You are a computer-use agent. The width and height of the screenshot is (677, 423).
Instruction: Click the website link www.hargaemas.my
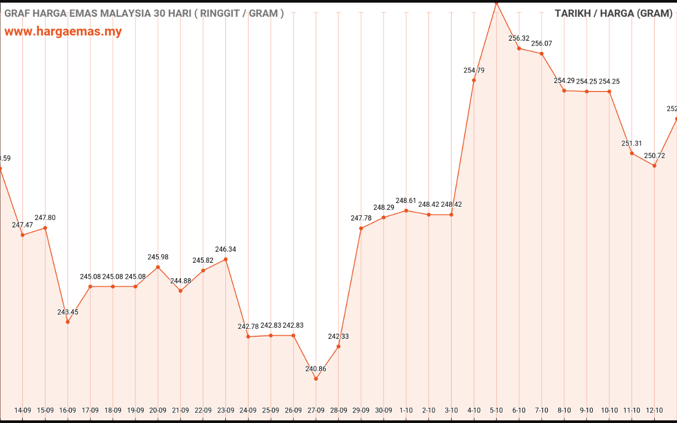pos(63,31)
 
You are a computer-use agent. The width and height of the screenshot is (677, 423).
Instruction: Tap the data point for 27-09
pos(316,379)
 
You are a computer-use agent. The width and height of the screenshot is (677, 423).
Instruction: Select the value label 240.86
pos(316,369)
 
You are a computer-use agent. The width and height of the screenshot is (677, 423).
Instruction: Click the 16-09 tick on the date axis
pos(68,410)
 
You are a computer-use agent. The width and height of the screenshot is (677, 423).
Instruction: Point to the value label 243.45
pos(68,312)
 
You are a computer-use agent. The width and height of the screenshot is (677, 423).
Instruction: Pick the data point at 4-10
pos(474,80)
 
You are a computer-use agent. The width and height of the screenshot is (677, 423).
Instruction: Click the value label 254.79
pos(474,70)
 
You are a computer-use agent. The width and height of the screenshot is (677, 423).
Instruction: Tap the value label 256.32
pos(519,39)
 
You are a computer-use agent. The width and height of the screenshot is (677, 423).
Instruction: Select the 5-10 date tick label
pos(496,410)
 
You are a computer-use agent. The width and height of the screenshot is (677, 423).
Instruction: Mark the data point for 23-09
pos(226,259)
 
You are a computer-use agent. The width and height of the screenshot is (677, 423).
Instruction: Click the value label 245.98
pos(158,257)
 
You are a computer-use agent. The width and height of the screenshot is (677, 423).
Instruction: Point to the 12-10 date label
pos(654,410)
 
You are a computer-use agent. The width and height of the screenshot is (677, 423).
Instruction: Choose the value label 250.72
pos(654,156)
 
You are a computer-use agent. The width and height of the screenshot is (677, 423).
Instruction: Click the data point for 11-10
pos(632,153)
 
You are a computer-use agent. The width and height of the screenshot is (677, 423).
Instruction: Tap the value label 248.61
pos(406,201)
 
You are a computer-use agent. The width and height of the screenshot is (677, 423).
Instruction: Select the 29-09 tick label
pos(361,410)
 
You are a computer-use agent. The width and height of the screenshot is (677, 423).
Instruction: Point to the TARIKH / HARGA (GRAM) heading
pos(613,13)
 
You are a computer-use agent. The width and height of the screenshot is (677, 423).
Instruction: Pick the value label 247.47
pos(23,225)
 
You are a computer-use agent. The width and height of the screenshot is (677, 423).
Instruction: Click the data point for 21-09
pos(180,291)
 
